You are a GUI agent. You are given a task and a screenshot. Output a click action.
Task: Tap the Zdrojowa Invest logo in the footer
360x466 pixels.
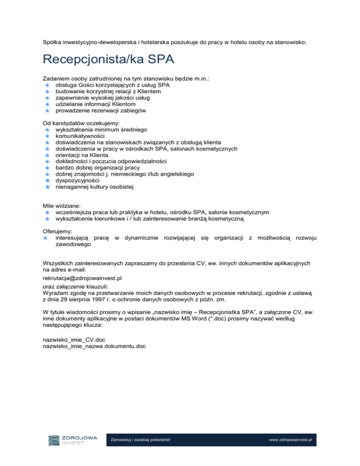click(73, 440)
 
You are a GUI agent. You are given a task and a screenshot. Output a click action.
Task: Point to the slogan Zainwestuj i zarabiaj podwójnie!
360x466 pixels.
click(140, 440)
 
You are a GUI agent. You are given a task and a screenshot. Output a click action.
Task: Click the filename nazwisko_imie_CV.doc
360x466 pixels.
click(71, 339)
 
